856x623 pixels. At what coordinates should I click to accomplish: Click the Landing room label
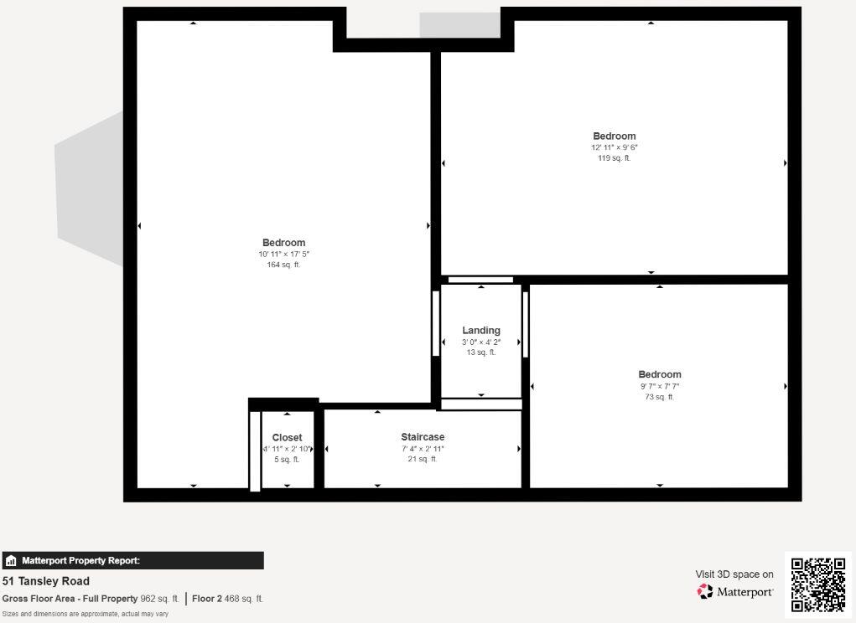[481, 331]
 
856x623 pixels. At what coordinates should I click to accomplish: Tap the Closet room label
[287, 438]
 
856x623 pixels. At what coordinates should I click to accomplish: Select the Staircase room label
[423, 437]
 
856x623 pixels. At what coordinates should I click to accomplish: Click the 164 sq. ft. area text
[283, 265]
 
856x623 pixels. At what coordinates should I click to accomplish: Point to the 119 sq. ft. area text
[614, 158]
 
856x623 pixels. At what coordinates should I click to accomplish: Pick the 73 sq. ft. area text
[659, 397]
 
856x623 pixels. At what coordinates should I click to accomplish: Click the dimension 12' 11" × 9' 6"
[614, 147]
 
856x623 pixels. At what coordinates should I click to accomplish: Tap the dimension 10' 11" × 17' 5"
[283, 255]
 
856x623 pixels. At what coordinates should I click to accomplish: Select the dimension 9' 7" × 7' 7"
[659, 387]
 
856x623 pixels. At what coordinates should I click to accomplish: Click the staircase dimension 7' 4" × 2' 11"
[423, 449]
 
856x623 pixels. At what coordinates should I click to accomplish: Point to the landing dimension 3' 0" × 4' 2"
[481, 342]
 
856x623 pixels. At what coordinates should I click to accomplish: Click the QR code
[818, 584]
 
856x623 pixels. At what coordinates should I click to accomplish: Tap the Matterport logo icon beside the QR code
[705, 592]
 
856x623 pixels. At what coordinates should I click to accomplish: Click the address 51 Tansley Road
[46, 581]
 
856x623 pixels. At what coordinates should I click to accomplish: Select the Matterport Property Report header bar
[132, 561]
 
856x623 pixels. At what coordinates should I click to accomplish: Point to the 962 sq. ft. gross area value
[159, 599]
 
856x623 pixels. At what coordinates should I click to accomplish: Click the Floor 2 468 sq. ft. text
[227, 599]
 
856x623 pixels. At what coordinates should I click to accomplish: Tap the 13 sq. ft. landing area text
[481, 353]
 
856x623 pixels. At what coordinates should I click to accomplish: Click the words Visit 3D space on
[734, 574]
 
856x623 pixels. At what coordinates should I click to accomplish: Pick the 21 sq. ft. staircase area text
[423, 459]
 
